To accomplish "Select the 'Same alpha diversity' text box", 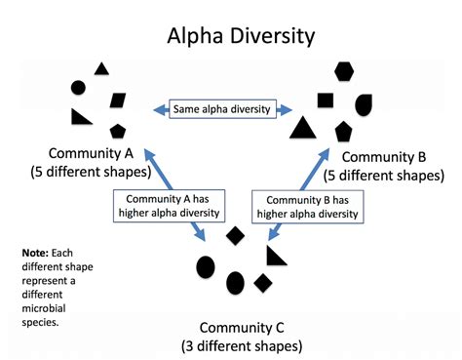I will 223,109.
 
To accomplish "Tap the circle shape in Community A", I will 79,88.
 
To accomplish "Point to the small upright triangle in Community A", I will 100,69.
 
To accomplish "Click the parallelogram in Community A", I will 117,100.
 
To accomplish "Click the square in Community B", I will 326,100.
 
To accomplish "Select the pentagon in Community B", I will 343,131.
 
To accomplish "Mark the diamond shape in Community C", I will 234,236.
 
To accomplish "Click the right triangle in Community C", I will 277,255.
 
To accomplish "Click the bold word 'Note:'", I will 38,253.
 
